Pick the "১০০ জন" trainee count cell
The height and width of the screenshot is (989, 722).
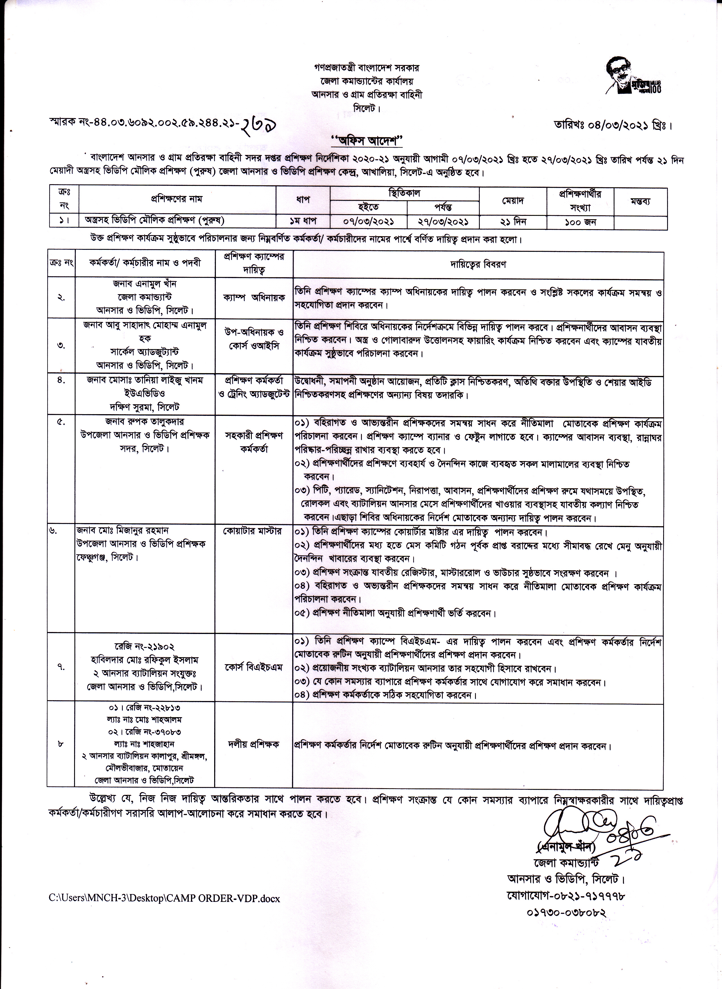coord(580,222)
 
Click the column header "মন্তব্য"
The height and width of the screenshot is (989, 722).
coord(640,201)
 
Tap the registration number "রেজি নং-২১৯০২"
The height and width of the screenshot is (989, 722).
coord(144,646)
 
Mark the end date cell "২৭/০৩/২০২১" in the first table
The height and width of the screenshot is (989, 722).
coord(443,222)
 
